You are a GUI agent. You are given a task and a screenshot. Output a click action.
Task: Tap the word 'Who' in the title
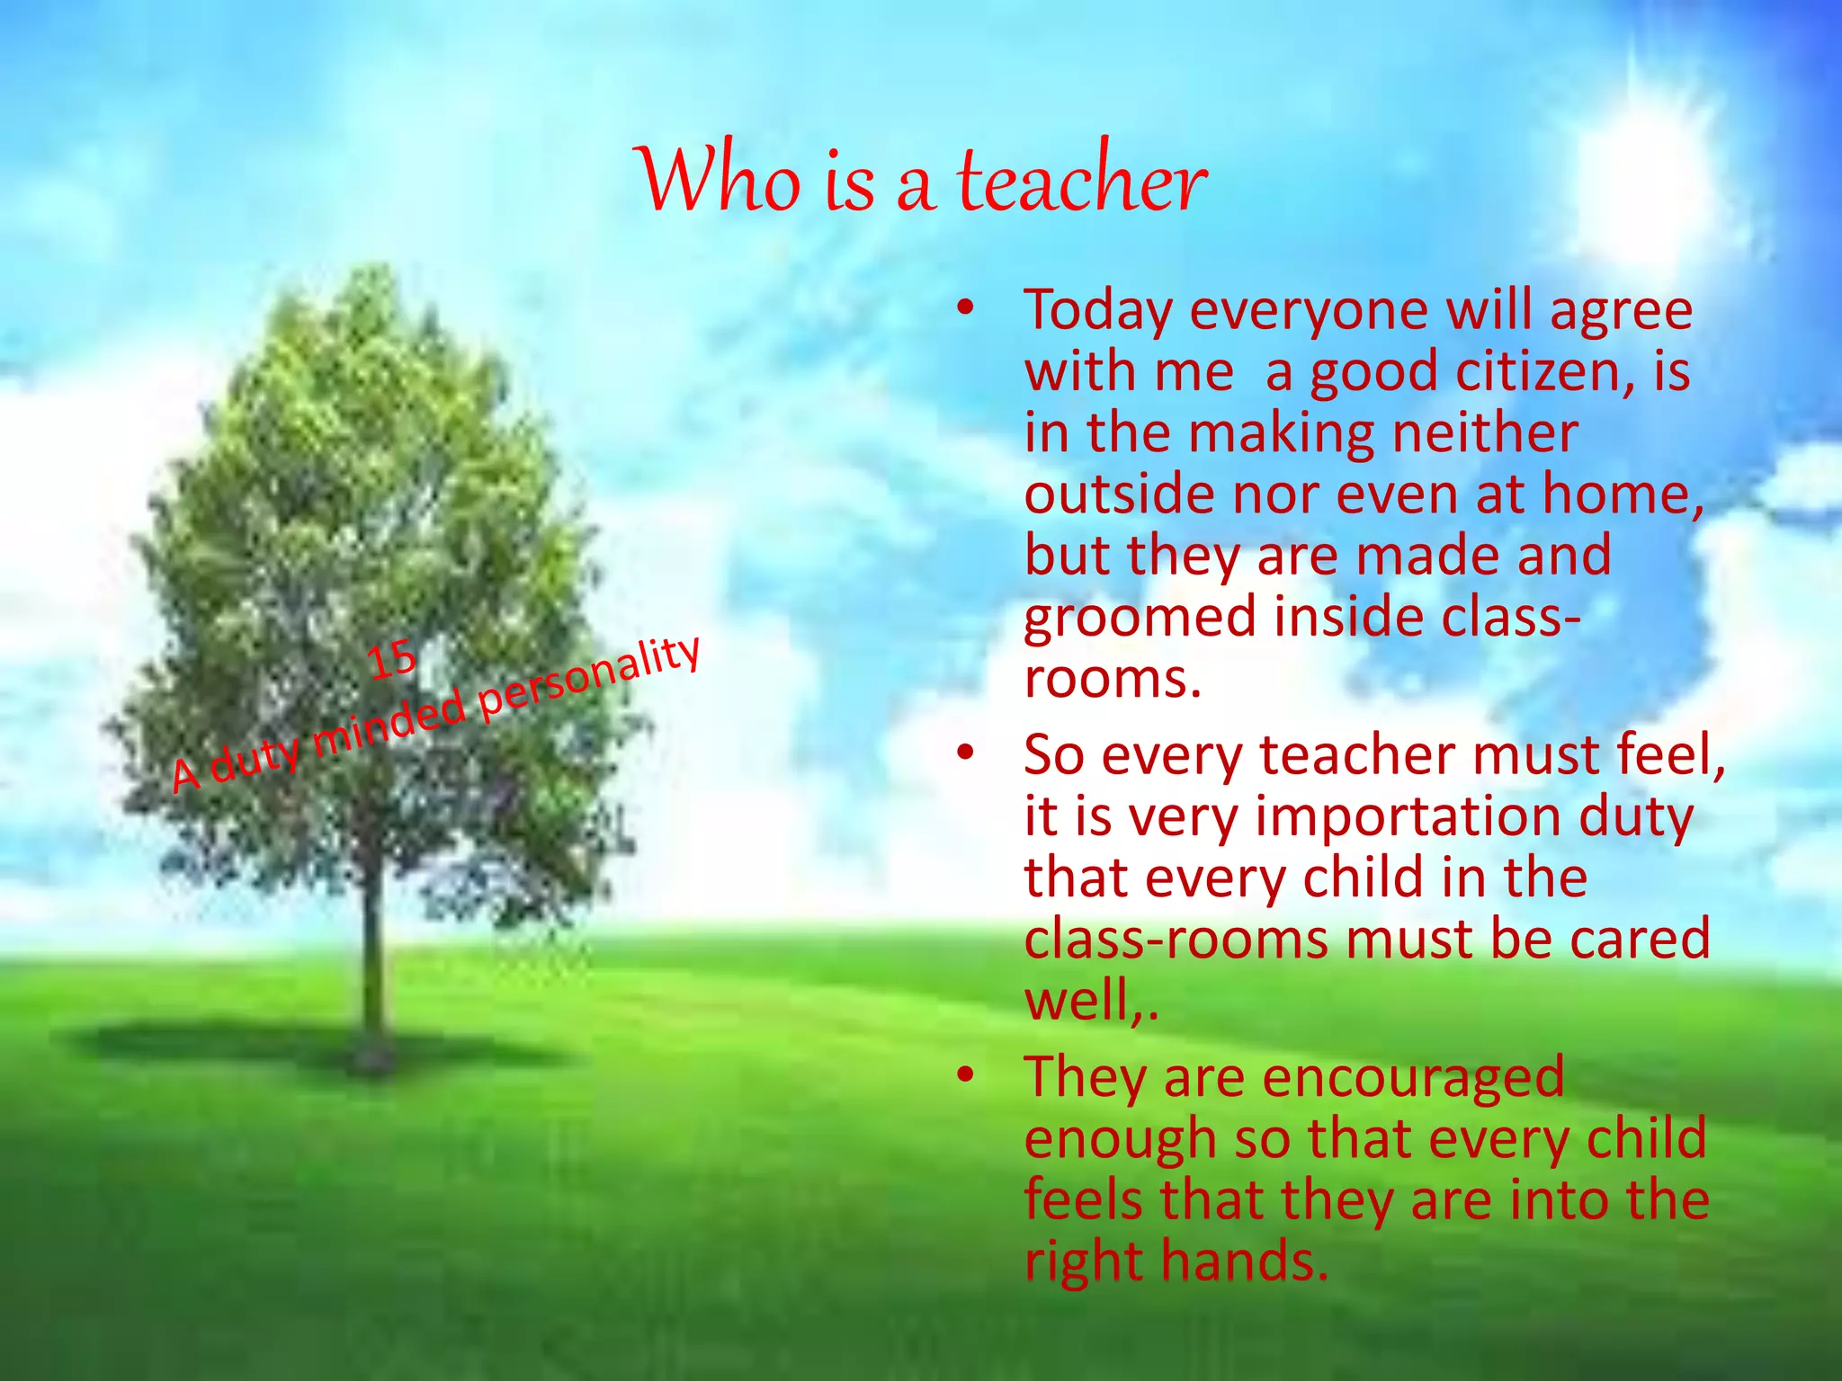720,180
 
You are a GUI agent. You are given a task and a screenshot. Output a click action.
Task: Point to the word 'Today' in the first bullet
1098,311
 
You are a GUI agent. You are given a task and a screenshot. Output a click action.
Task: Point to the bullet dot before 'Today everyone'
965,309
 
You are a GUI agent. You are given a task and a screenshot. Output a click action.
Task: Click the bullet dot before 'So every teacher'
965,753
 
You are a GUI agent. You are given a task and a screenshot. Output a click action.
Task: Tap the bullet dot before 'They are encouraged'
965,1075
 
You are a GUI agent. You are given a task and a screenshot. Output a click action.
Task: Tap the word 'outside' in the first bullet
1119,494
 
